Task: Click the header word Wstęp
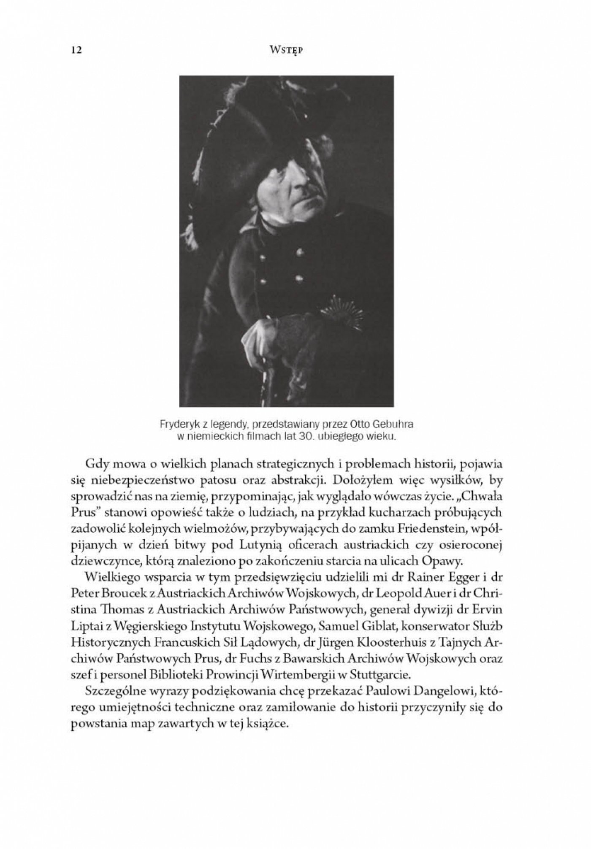pyautogui.click(x=287, y=51)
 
